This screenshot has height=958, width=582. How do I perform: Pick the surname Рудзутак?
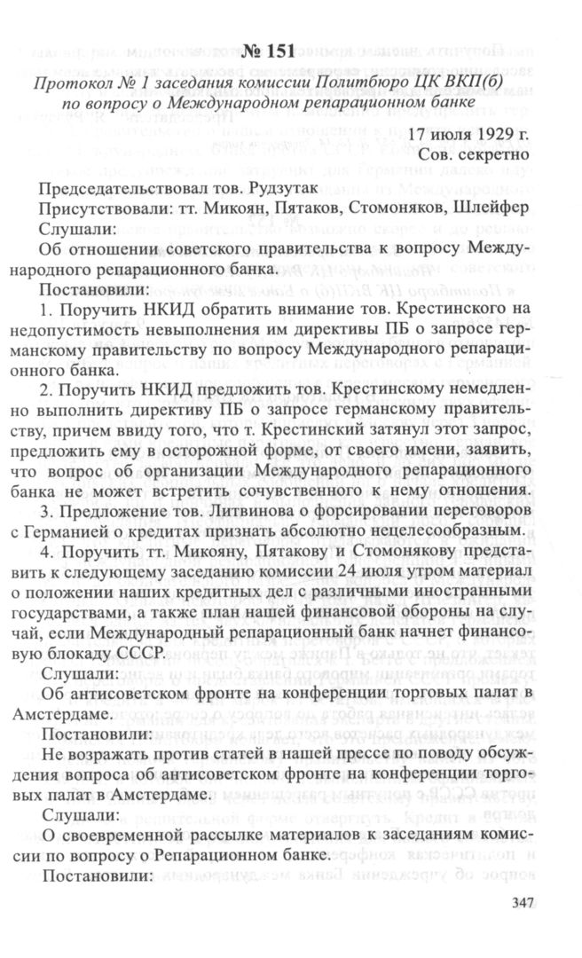tap(235, 188)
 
